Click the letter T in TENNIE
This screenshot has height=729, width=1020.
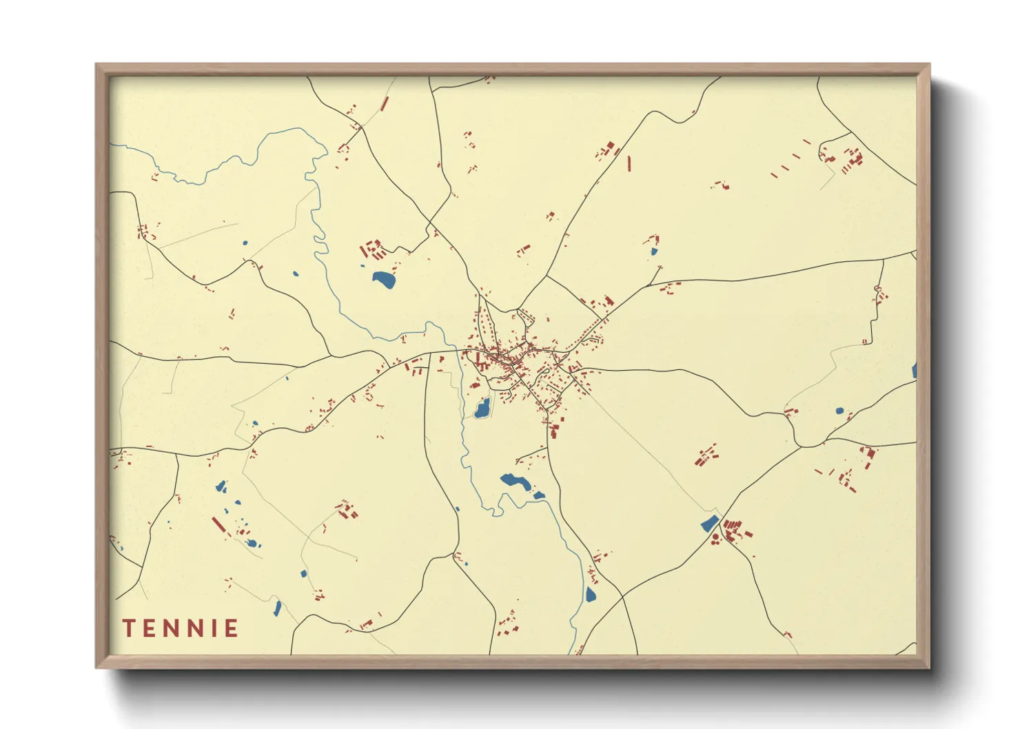tap(129, 628)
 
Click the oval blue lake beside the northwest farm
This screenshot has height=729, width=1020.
tap(384, 280)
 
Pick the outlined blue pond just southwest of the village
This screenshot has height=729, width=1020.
tap(482, 408)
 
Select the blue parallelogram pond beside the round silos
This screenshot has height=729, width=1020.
tap(710, 524)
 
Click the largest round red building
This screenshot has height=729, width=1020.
tap(715, 538)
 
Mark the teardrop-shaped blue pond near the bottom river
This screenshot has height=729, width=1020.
tap(590, 594)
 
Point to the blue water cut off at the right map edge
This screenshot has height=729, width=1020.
tap(914, 371)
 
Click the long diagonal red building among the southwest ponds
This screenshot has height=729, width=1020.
tap(218, 525)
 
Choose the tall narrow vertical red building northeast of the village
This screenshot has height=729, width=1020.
tap(629, 163)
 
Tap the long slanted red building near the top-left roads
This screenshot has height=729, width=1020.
tap(385, 104)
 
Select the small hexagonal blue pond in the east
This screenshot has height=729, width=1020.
tap(839, 411)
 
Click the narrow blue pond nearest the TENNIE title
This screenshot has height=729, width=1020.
tap(277, 608)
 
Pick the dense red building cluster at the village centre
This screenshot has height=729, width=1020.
tap(507, 358)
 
